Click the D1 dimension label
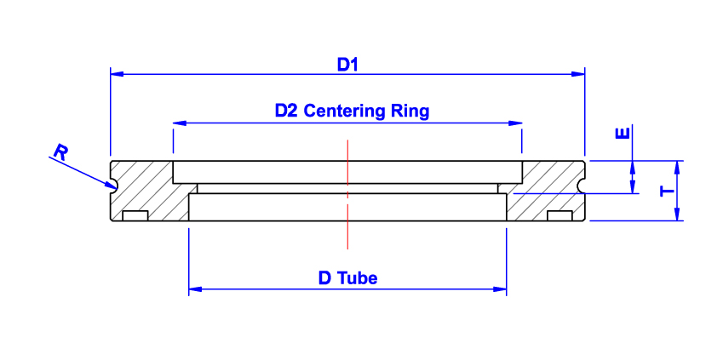(347, 64)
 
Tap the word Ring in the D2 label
(410, 111)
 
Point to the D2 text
(286, 111)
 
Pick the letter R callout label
(60, 152)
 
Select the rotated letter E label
(623, 134)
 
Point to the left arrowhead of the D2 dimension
(180, 123)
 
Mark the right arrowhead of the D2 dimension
(515, 123)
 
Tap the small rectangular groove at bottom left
(135, 216)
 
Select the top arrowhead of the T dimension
(678, 165)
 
